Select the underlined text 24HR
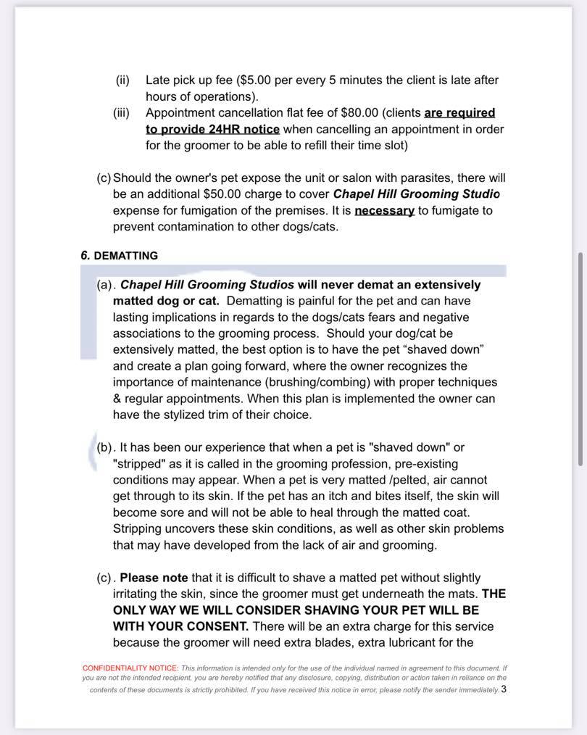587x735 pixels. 211,129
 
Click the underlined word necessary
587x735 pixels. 384,210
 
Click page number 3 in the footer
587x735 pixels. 504,689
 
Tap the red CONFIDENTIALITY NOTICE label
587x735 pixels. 130,668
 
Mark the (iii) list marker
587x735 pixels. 122,113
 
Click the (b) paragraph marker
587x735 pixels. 106,447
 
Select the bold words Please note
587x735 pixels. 154,578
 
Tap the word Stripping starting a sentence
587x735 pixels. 139,528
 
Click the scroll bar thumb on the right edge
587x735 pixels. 580,359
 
